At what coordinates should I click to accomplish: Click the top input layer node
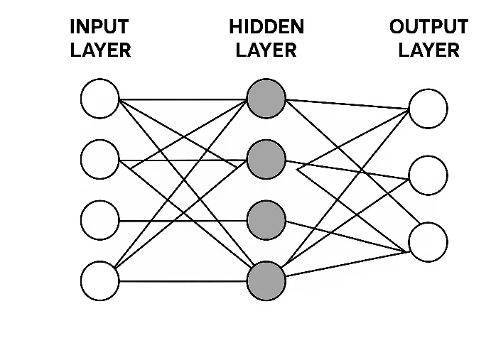click(x=100, y=99)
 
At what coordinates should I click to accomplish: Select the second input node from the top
click(x=100, y=160)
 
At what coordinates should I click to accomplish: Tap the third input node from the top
click(x=100, y=220)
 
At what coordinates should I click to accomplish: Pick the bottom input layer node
click(x=100, y=281)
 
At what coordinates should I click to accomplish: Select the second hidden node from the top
click(x=266, y=159)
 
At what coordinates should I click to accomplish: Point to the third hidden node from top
click(x=266, y=219)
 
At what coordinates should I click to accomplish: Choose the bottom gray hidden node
click(x=266, y=280)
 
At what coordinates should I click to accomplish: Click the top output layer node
click(x=428, y=109)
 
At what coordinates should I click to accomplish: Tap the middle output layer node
click(x=428, y=175)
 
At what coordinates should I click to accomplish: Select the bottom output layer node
click(x=428, y=241)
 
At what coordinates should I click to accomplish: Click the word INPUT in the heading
click(x=99, y=28)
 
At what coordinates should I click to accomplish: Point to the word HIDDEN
click(x=266, y=28)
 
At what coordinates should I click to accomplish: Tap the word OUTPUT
click(x=428, y=28)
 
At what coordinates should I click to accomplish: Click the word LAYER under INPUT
click(x=100, y=50)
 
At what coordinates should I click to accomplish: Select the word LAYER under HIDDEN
click(x=266, y=50)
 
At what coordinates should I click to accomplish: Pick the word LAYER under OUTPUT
click(x=428, y=50)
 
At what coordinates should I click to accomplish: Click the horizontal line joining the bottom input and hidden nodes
click(x=183, y=281)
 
